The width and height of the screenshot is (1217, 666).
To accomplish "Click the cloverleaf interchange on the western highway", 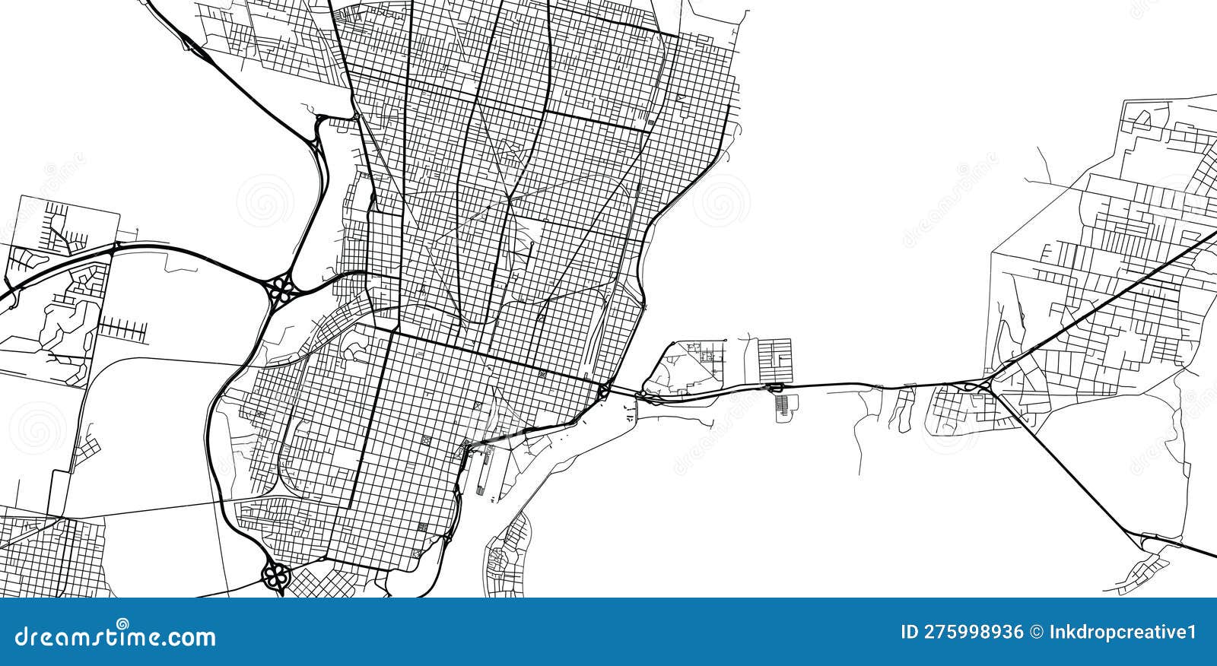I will [x=281, y=288].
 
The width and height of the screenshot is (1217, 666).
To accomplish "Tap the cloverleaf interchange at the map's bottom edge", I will [x=275, y=576].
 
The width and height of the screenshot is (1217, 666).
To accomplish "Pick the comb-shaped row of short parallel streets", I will [x=122, y=329].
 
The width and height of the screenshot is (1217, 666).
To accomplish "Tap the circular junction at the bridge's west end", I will [x=602, y=392].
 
